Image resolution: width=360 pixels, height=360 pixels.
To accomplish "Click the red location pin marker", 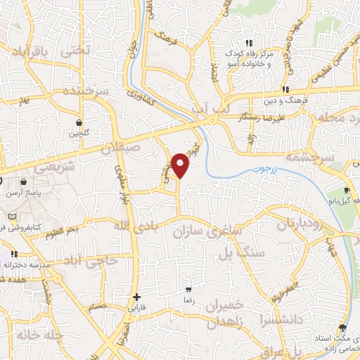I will tap(181, 165).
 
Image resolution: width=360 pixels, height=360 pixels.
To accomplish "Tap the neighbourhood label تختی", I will tap(77, 51).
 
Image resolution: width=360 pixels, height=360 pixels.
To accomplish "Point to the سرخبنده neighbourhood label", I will tap(84, 91).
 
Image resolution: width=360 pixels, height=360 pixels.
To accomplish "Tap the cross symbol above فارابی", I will tap(136, 297).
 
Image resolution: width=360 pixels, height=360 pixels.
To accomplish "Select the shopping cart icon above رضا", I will tap(188, 289).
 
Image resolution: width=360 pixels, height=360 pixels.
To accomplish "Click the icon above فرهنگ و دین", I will tap(285, 89).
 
